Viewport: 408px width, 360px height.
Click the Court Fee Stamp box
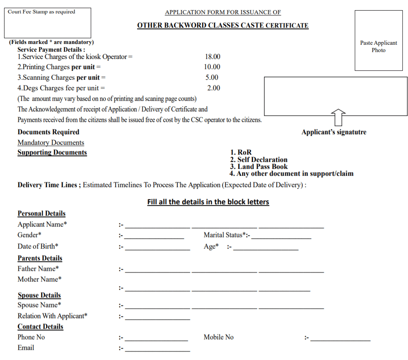pos(48,23)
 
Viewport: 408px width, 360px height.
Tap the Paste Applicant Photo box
pos(378,41)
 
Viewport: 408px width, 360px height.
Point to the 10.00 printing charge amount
pos(212,67)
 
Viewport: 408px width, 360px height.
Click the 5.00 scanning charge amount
pos(212,77)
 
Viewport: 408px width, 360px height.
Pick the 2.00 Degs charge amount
pos(213,88)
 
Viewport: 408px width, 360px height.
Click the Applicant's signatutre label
pos(334,132)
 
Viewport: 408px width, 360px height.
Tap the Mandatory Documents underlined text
pos(51,143)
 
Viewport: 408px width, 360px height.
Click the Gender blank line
pos(155,238)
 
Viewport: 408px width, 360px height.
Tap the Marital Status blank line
pos(281,238)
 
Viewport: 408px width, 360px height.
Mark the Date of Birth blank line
pos(157,249)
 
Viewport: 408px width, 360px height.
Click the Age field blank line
pos(266,249)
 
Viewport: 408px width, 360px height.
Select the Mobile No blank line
pos(340,340)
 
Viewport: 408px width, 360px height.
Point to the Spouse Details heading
pos(39,295)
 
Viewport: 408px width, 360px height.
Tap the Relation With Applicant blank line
pos(157,319)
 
